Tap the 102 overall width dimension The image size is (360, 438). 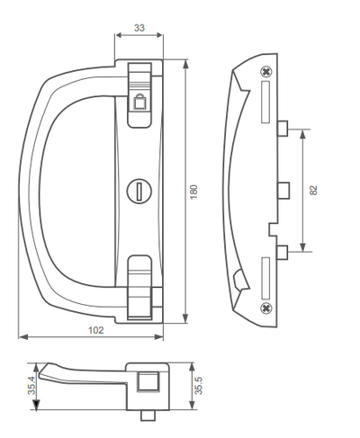pyautogui.click(x=96, y=330)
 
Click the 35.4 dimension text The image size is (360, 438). pyautogui.click(x=31, y=388)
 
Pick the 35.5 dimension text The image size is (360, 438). pyautogui.click(x=199, y=387)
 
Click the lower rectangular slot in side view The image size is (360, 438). pyautogui.click(x=266, y=277)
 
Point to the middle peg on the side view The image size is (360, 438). pyautogui.click(x=283, y=189)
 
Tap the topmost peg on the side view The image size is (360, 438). pyautogui.click(x=283, y=126)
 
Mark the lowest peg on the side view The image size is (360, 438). pyautogui.click(x=283, y=250)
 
